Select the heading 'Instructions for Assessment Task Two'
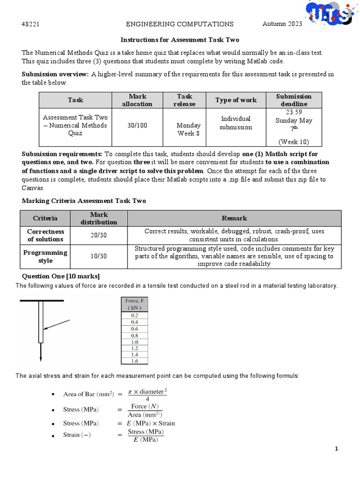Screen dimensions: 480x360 click(180, 40)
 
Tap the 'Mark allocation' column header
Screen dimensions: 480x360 click(137, 100)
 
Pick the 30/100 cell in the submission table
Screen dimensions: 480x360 click(137, 126)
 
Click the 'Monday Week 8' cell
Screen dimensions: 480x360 click(188, 129)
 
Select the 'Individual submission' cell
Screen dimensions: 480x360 click(236, 123)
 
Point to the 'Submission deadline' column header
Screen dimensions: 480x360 click(293, 100)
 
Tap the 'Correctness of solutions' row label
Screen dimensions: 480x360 click(45, 235)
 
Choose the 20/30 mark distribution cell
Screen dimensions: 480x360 click(98, 235)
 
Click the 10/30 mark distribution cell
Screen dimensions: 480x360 click(98, 256)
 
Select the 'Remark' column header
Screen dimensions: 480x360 click(234, 218)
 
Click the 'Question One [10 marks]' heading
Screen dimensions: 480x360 click(61, 276)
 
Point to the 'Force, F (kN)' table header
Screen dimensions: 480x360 click(135, 304)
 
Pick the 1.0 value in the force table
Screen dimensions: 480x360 click(135, 342)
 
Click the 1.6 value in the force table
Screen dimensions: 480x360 click(135, 361)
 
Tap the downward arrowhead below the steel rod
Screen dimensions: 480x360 click(41, 358)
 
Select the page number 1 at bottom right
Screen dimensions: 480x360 click(336, 449)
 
